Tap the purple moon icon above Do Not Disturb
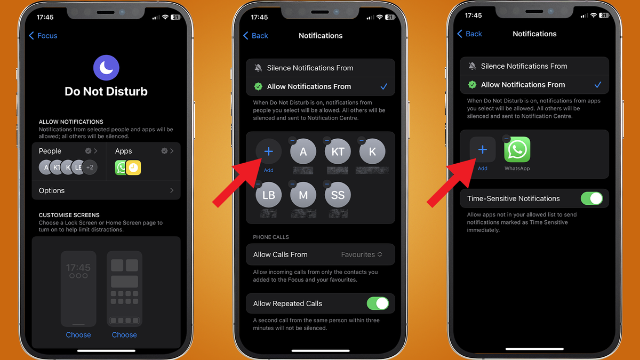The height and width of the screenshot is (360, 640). (106, 68)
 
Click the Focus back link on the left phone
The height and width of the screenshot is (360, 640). (43, 36)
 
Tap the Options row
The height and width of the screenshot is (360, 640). (106, 190)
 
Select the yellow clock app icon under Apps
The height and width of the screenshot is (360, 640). (134, 167)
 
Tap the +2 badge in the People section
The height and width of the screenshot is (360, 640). (90, 167)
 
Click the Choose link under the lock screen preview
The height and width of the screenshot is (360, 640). (78, 335)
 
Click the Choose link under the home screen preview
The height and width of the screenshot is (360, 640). (124, 335)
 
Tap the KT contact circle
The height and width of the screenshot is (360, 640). (338, 152)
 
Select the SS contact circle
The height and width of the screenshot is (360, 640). (338, 195)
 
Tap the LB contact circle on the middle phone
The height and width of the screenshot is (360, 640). (269, 195)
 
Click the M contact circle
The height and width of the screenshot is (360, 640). (303, 195)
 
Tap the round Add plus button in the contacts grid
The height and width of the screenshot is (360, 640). (269, 152)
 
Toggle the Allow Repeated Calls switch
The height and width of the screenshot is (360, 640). (378, 303)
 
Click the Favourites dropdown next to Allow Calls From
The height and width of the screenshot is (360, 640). (362, 254)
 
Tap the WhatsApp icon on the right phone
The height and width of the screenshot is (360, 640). (517, 150)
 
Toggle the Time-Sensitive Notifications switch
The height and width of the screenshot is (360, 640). (591, 198)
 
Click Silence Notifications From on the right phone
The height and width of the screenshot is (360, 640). (524, 66)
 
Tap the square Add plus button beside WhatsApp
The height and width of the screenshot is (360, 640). (483, 150)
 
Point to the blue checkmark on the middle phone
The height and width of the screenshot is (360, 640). (383, 86)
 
